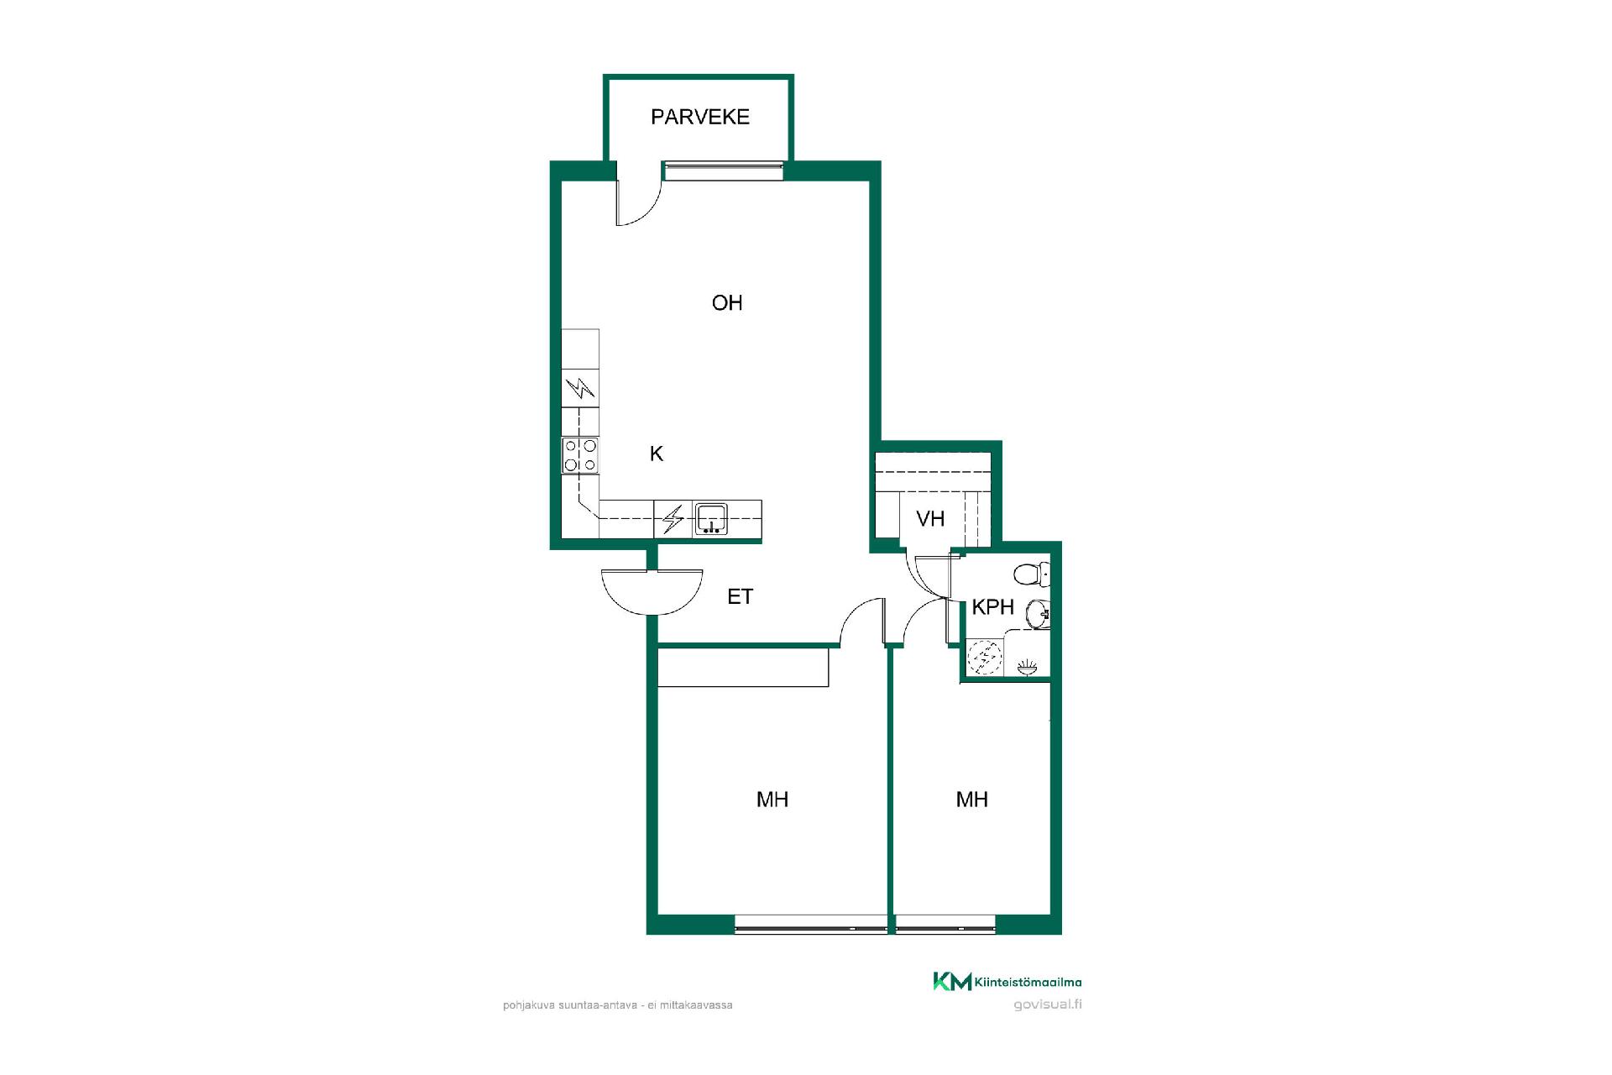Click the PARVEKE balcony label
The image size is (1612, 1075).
699,117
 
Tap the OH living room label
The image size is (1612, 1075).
727,302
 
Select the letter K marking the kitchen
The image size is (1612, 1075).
657,454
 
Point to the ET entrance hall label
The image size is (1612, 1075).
740,596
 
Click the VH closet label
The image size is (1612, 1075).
930,519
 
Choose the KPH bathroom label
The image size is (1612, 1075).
993,606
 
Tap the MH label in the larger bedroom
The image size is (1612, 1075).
772,800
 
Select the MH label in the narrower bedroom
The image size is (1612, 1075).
971,800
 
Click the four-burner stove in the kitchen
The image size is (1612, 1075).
581,455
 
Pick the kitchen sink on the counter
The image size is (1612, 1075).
711,519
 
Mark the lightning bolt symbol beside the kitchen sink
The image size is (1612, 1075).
673,519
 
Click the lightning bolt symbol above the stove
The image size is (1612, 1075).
580,388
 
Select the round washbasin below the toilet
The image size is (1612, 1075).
1039,615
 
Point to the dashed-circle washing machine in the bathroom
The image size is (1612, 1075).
986,658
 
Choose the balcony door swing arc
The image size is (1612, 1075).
643,209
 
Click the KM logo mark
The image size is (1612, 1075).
952,981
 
